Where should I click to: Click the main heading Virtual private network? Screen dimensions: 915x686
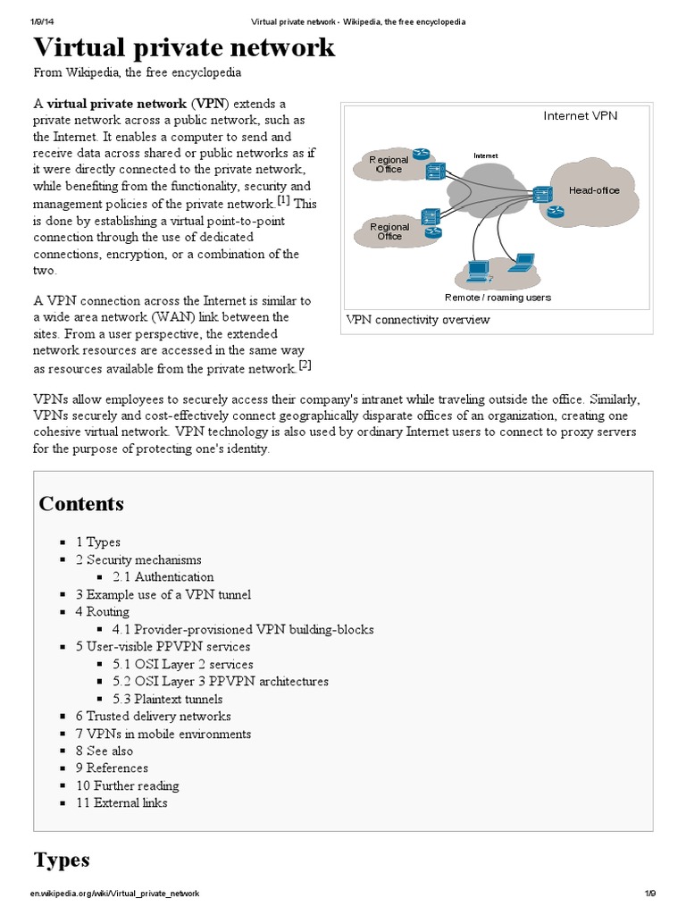[184, 47]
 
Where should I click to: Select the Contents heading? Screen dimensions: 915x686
[81, 503]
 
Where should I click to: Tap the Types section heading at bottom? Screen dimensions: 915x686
[62, 860]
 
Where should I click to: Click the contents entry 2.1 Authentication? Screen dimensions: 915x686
[163, 577]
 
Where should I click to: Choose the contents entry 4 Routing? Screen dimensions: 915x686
[103, 612]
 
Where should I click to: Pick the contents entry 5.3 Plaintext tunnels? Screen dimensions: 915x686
[168, 699]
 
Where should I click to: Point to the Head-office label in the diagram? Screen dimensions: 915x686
[594, 190]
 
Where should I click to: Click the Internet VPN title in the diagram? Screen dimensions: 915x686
[581, 115]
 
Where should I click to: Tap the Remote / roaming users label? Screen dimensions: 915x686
[498, 298]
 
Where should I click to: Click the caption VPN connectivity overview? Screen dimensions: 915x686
[417, 320]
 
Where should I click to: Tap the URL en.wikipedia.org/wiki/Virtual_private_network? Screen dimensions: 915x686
[114, 894]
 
